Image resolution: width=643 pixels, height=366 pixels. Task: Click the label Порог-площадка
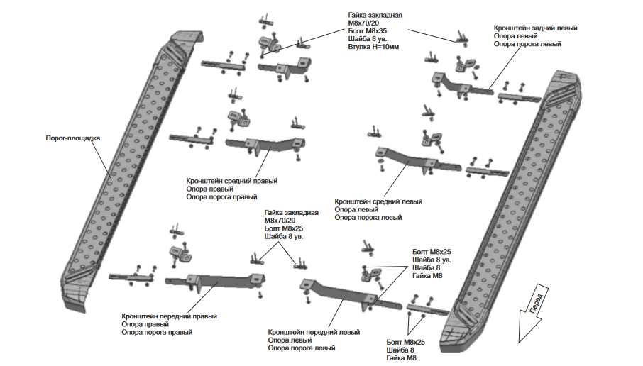[72, 138]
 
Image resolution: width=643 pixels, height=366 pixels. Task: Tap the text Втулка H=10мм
[373, 47]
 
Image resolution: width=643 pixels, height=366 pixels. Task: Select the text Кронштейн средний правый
[231, 181]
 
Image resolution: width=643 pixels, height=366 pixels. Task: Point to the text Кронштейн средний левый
[378, 201]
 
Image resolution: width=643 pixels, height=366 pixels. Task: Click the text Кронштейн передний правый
[169, 316]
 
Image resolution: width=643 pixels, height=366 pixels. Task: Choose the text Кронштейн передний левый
[314, 332]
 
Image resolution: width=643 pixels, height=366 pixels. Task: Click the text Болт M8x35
[367, 31]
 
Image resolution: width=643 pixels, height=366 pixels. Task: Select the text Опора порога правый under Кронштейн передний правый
[157, 333]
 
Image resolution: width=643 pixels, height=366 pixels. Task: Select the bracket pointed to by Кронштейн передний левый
[348, 295]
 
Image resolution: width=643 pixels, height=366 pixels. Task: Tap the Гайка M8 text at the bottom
[401, 358]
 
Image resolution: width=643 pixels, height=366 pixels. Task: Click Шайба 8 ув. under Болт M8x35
[368, 39]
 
